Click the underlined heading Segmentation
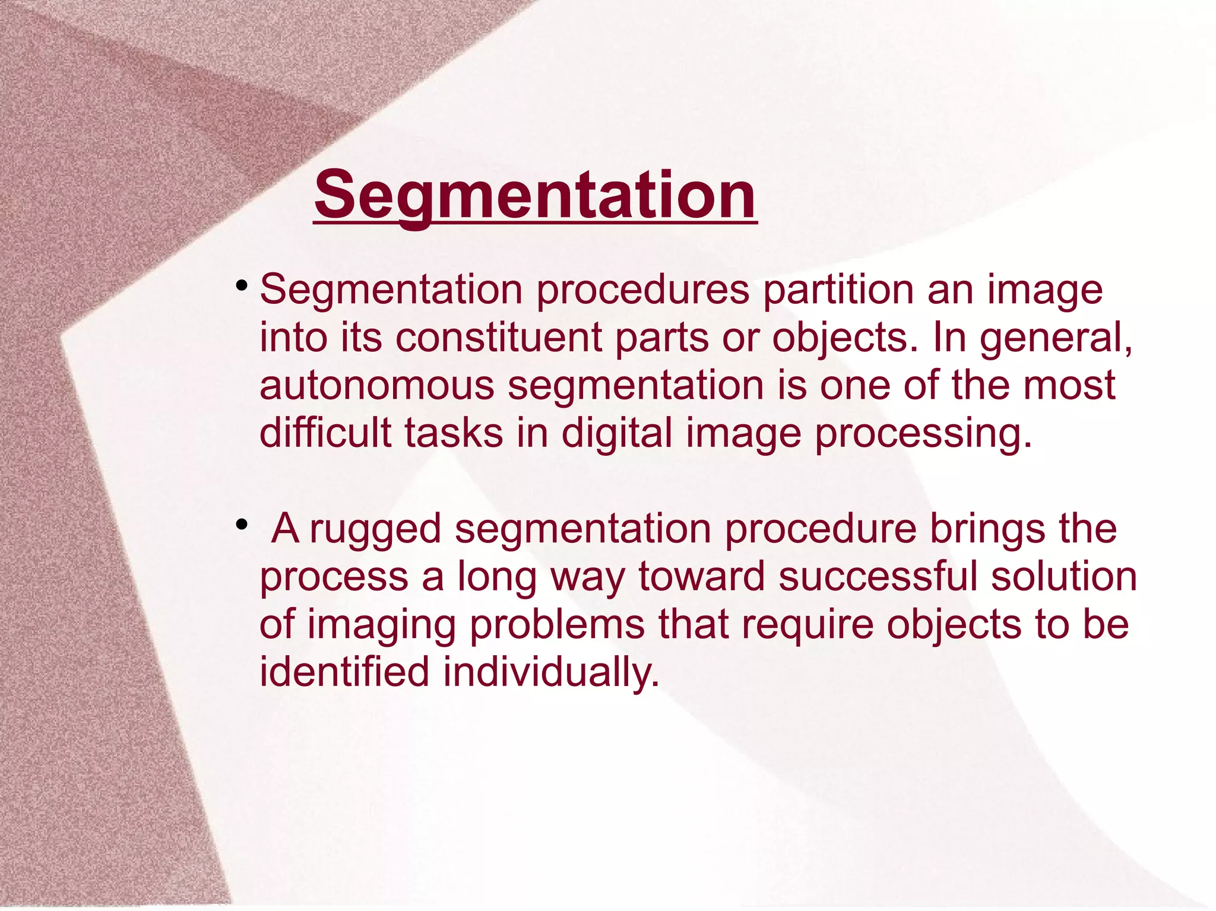pos(535,195)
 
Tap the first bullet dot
pos(241,287)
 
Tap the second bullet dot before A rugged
pos(241,525)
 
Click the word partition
pos(838,291)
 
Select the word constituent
pos(498,338)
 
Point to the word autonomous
pos(376,386)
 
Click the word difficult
pos(325,433)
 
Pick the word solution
pos(1063,577)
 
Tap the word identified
pos(344,672)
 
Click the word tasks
pos(454,433)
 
